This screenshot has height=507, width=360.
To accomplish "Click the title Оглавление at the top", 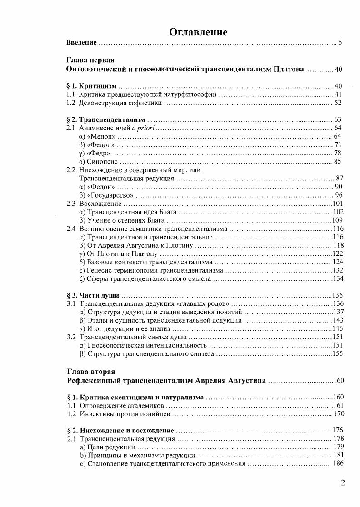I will pos(198,32).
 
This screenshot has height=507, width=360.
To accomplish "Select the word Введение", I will pos(81,43).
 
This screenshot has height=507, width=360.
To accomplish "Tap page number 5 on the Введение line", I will pos(340,43).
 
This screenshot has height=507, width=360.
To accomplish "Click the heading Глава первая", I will pos(90,60).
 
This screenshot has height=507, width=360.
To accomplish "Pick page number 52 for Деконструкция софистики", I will pos(338,103).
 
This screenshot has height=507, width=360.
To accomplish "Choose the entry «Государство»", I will pos(110,195).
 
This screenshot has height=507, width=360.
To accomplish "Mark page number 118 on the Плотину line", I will pos(338,245).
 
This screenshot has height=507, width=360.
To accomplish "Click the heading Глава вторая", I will pos(90,371).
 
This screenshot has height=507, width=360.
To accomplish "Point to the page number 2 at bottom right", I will pos(343,482).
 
